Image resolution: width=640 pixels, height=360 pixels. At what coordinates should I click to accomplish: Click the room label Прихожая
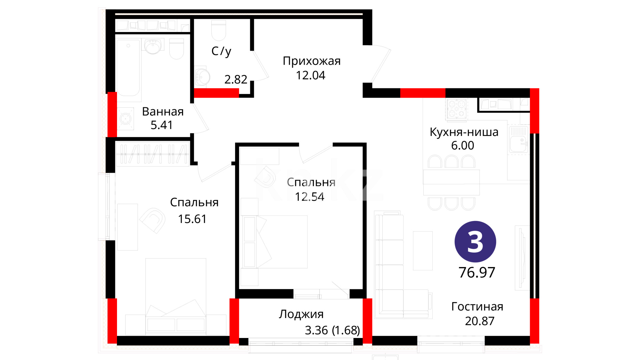(x=312, y=61)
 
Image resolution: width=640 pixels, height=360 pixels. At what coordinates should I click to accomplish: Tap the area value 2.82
(x=236, y=79)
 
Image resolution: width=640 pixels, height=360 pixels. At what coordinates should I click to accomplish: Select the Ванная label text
(x=163, y=112)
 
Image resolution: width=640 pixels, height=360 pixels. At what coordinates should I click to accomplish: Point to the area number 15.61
(x=192, y=219)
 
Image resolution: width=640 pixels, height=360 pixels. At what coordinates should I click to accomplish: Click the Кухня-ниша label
(x=464, y=132)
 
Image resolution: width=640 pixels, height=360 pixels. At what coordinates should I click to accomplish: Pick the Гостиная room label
(x=477, y=307)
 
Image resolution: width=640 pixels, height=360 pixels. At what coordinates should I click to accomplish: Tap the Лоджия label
(x=301, y=314)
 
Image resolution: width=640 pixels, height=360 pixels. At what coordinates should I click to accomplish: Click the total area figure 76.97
(x=477, y=273)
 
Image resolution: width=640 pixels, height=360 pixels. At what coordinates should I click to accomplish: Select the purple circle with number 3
(x=475, y=242)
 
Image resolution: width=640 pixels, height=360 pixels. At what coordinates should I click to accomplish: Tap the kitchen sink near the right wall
(x=518, y=139)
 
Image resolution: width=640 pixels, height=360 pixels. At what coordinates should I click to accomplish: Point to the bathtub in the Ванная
(x=128, y=68)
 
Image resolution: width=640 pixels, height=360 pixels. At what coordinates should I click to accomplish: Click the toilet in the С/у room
(x=219, y=30)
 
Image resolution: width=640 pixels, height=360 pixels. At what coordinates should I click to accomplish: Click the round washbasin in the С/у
(x=202, y=77)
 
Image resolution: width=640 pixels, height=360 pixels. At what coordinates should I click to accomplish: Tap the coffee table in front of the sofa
(x=423, y=251)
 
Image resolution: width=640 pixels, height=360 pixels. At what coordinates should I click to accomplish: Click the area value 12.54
(x=309, y=197)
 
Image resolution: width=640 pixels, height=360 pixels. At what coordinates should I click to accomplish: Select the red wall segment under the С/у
(x=216, y=93)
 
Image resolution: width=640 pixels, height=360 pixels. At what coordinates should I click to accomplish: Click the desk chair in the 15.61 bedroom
(x=153, y=220)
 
